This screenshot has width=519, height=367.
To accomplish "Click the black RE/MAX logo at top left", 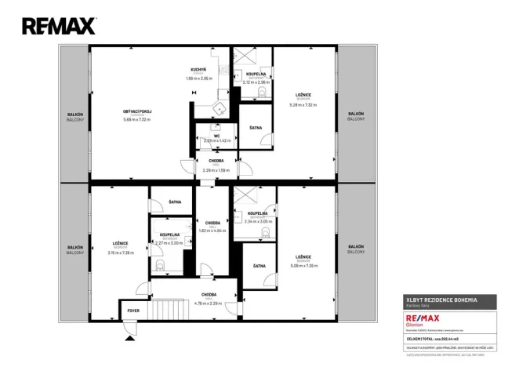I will [59, 26].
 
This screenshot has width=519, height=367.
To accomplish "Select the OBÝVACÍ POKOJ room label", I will [137, 112].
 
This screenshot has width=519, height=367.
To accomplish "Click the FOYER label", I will [133, 311].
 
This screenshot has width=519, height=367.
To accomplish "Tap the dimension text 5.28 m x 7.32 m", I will [303, 104].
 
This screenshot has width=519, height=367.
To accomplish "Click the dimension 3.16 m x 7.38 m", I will [120, 253].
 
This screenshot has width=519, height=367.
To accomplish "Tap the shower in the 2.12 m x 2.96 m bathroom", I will [244, 58].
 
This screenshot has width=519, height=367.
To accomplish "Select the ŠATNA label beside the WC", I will [256, 127].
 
